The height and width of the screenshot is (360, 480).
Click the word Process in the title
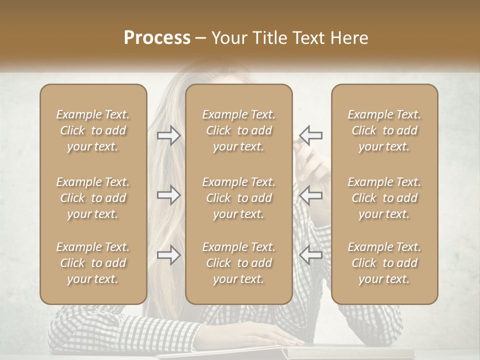tap(157, 38)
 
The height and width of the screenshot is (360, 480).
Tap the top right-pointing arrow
tap(168, 135)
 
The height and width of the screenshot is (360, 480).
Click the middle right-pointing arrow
tap(168, 195)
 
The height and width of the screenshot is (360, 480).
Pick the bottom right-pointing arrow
tap(168, 255)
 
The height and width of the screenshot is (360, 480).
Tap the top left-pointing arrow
tap(311, 135)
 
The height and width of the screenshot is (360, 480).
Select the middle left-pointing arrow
tap(311, 195)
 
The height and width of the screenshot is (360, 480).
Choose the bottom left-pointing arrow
tap(311, 255)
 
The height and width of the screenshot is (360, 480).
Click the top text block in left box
tap(93, 130)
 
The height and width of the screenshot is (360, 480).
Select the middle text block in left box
tap(93, 198)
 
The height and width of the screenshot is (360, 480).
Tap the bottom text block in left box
tap(93, 263)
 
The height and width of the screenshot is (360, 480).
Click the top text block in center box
tap(238, 130)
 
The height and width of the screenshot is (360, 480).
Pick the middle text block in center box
tap(238, 198)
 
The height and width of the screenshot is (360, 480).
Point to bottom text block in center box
tap(238, 263)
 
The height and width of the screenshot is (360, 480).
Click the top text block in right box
tap(384, 130)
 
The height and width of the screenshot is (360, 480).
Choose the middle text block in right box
tap(384, 198)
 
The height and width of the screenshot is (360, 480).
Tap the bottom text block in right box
tap(384, 263)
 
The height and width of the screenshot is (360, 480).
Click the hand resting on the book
tap(270, 333)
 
